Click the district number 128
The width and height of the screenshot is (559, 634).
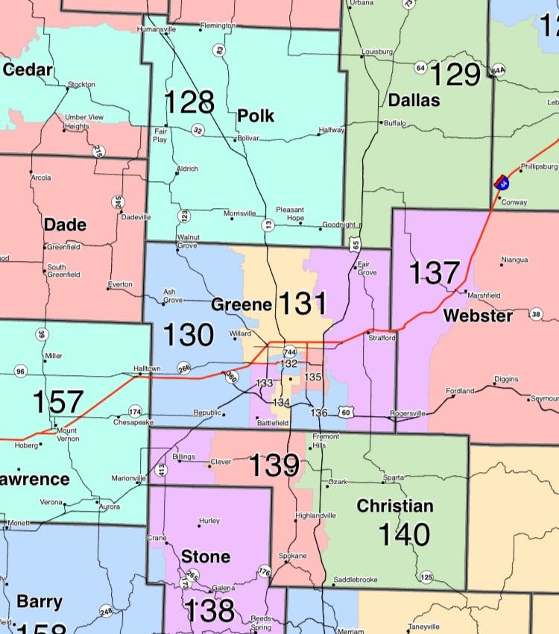pos(189,102)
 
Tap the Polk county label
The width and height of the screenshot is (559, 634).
pos(256,116)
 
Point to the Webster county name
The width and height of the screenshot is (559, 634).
pos(478,316)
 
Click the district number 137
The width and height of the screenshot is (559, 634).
pos(435,272)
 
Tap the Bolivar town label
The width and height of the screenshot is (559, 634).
pos(253,139)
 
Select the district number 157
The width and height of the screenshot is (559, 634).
pos(57,402)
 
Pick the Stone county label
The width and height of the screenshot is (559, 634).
pos(206,556)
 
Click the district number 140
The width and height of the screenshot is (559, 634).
pos(403,534)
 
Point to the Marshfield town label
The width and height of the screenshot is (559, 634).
pos(484,295)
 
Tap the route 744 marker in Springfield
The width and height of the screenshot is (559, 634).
pos(289,351)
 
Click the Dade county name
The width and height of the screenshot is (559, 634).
pos(65,225)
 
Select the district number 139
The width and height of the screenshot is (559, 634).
pos(274,465)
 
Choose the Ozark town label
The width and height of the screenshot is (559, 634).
pos(338,482)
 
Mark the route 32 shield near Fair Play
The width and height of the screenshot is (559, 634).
pos(198,130)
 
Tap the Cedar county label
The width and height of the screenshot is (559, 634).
pos(28,71)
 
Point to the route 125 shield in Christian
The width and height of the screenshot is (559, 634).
pos(426,577)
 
